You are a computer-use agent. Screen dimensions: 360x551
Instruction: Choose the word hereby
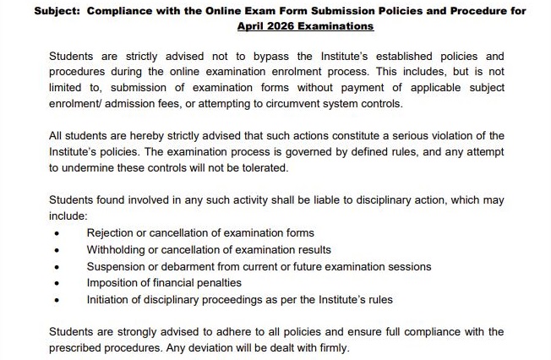[x=141, y=136]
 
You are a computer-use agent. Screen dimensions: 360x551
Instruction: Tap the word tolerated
[x=263, y=167]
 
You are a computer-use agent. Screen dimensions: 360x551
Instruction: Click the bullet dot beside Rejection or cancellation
[x=57, y=233]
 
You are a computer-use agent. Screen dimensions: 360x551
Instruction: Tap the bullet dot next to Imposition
[x=57, y=283]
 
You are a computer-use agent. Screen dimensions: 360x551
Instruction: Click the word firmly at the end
[x=329, y=347]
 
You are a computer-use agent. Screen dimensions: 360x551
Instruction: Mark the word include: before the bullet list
[x=68, y=216]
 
